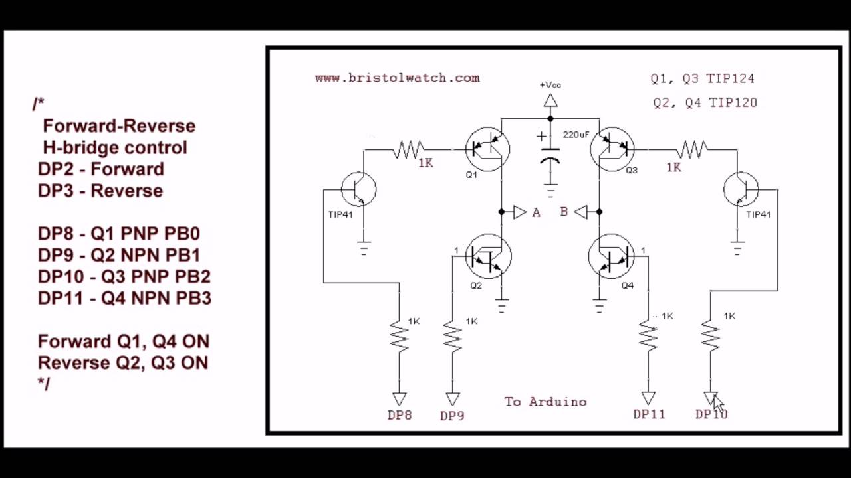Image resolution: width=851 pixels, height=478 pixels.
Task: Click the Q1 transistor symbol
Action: pos(487,149)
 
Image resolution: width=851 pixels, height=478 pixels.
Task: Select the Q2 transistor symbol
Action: pos(489,256)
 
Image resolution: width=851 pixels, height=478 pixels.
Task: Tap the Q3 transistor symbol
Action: pos(612,149)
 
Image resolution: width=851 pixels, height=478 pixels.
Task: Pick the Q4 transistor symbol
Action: pos(611,256)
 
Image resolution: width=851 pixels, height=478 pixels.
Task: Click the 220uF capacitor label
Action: pos(576,135)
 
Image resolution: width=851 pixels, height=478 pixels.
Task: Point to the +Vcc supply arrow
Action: pos(550,100)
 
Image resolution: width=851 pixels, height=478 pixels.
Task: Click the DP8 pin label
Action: pos(400,415)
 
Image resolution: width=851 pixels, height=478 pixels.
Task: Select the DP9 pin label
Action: pos(452,416)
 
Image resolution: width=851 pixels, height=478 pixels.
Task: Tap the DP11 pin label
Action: pos(649,414)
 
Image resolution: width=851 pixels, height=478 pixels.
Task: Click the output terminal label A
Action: pos(536,212)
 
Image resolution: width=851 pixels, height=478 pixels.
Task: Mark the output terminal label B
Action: pos(564,212)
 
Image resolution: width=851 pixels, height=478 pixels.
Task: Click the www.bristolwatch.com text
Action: pos(397,78)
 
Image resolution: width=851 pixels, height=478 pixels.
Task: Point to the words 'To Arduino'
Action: pos(545,402)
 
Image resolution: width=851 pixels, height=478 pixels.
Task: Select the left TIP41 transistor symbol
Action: pos(358,189)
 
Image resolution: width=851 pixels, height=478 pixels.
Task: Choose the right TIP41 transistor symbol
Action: pos(741,189)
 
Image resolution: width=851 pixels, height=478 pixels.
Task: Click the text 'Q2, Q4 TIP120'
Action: pos(705,102)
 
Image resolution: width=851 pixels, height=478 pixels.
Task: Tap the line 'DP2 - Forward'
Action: pos(100,169)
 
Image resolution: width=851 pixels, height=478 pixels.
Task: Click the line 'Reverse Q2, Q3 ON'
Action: pos(123,362)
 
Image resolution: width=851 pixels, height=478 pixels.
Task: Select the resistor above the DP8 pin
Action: pos(399,335)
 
